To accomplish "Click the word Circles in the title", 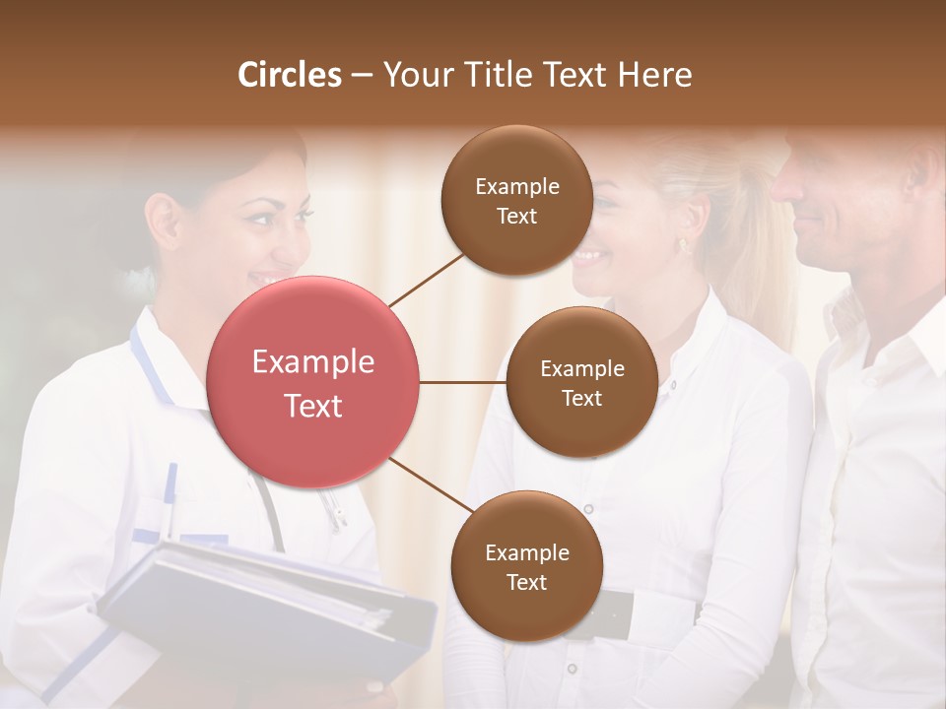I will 290,75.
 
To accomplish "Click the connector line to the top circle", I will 426,280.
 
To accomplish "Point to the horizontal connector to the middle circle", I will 463,382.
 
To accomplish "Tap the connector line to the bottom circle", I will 432,484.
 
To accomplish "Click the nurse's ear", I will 164,219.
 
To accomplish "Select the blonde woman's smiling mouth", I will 589,258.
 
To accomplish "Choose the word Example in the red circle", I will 313,362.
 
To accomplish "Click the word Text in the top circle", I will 517,216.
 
